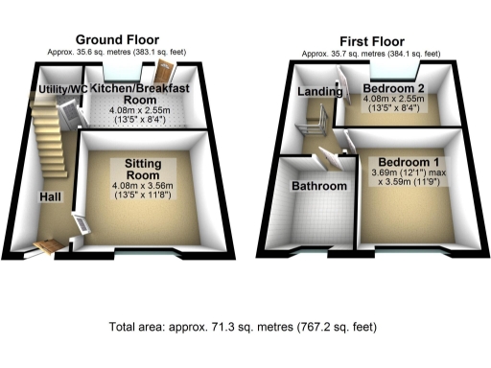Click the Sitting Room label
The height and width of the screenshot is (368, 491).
pos(141,170)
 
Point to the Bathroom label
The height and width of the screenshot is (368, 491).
pos(319,185)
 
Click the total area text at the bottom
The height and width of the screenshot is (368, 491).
pos(245,326)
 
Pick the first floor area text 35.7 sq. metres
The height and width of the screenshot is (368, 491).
pos(369,55)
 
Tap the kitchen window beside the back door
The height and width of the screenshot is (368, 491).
pos(121,70)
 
